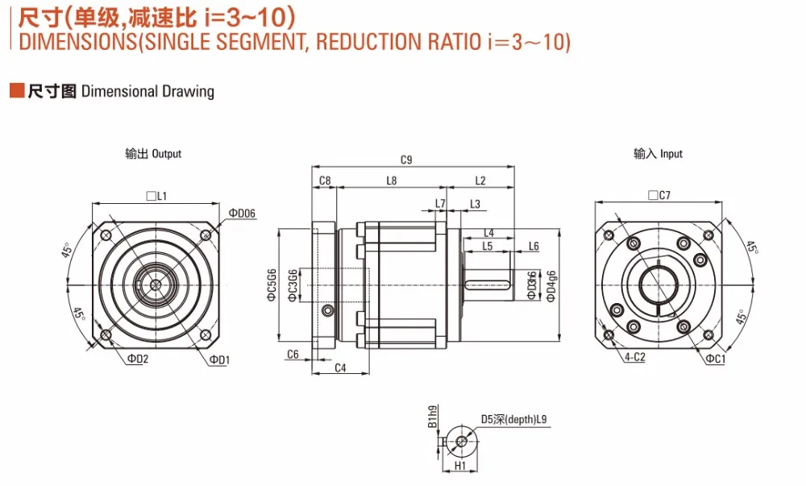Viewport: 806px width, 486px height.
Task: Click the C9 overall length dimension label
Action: coord(406,160)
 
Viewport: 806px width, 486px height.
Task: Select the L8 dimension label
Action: coord(392,181)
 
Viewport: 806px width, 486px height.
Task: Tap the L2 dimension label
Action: coord(480,181)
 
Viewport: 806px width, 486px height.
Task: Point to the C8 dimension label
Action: coord(325,181)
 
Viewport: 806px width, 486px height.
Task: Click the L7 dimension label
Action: coord(440,203)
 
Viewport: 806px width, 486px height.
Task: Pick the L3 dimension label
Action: coord(475,204)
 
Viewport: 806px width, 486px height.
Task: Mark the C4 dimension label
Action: coord(340,368)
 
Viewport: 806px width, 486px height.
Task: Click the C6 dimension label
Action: coord(293,355)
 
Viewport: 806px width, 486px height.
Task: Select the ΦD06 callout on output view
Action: coord(242,214)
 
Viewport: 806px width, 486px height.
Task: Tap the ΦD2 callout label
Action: coord(137,359)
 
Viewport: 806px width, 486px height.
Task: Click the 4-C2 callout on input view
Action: coord(634,356)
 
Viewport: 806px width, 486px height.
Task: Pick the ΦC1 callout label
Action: coord(715,358)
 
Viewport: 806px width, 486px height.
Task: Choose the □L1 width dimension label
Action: coord(156,195)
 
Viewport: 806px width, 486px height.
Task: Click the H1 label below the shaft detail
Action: coord(460,466)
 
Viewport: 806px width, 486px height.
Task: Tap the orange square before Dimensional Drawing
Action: coord(16,90)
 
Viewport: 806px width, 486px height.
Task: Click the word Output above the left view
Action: coord(166,154)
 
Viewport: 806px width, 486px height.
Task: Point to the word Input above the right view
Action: coord(671,154)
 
